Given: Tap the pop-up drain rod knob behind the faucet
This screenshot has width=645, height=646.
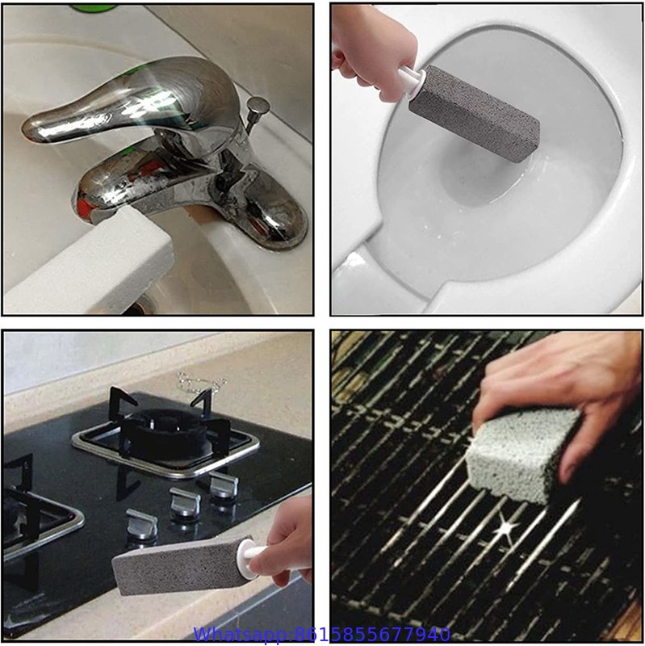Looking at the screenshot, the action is (258, 107).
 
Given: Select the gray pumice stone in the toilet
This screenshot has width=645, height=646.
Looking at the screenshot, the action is (475, 112).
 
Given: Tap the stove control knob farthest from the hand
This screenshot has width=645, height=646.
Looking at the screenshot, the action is (224, 485).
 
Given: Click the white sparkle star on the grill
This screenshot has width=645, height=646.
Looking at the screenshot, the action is (505, 528).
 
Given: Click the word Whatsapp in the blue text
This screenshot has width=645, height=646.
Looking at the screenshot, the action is (241, 635).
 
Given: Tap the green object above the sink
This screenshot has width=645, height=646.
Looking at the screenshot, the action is (94, 8).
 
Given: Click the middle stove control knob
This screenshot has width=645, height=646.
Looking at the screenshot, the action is (186, 502).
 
